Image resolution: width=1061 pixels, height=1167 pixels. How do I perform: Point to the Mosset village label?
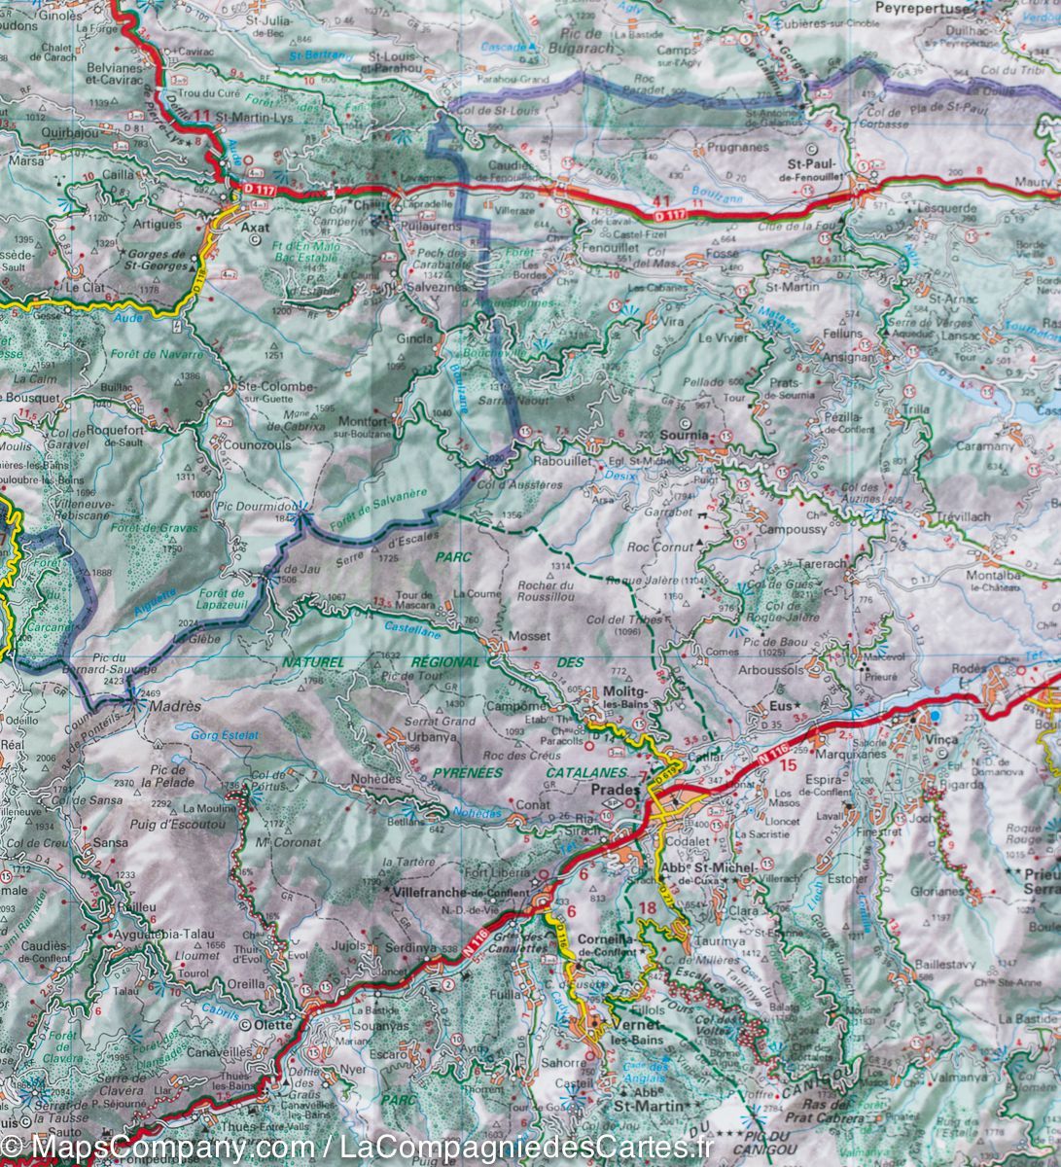click(529, 636)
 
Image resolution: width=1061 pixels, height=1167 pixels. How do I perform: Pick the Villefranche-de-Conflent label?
click(462, 892)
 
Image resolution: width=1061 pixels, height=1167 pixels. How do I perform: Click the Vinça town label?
click(940, 739)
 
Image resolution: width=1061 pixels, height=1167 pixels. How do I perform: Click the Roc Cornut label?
click(661, 547)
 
